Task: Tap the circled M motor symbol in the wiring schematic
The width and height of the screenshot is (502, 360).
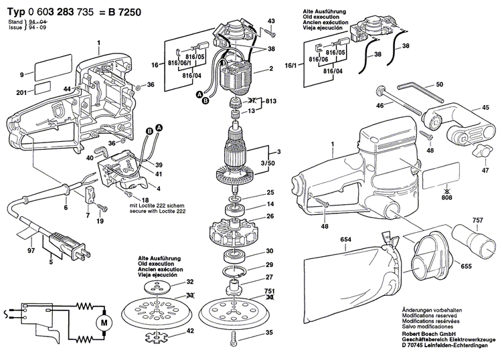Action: [104, 323]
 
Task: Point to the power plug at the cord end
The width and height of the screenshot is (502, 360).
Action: [80, 248]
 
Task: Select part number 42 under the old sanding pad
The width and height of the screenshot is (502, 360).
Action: [190, 331]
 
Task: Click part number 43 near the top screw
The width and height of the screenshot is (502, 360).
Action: [271, 22]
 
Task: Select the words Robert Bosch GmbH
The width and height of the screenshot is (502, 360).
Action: [434, 332]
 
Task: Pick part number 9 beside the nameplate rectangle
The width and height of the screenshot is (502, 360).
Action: [21, 74]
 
